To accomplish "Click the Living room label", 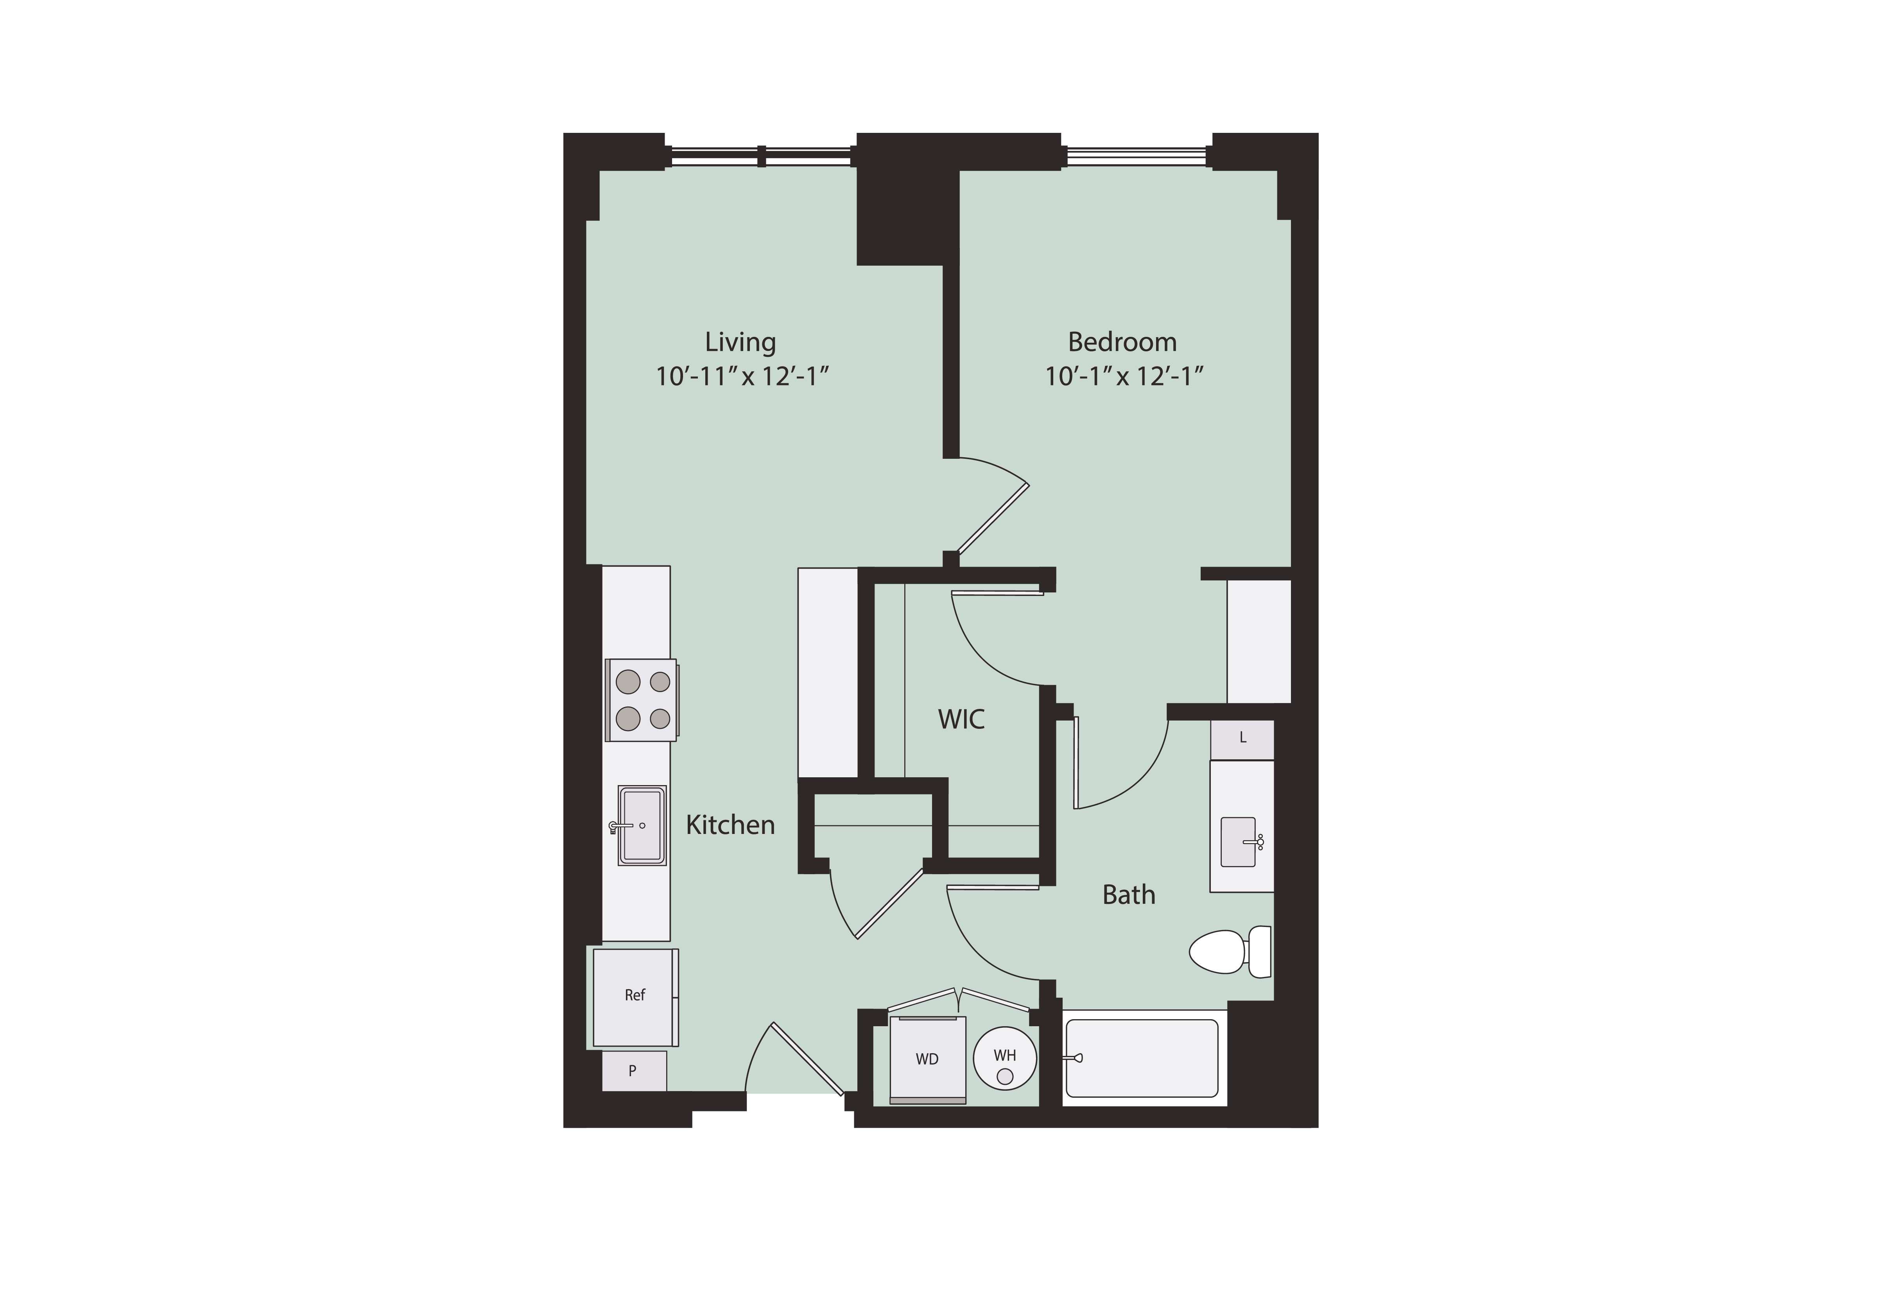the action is (740, 342).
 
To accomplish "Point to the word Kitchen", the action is (730, 825).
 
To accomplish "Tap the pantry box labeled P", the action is (634, 1071).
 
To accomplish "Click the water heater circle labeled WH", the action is (1004, 1059).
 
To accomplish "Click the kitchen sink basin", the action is (642, 825).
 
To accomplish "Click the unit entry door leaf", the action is (807, 1059).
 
